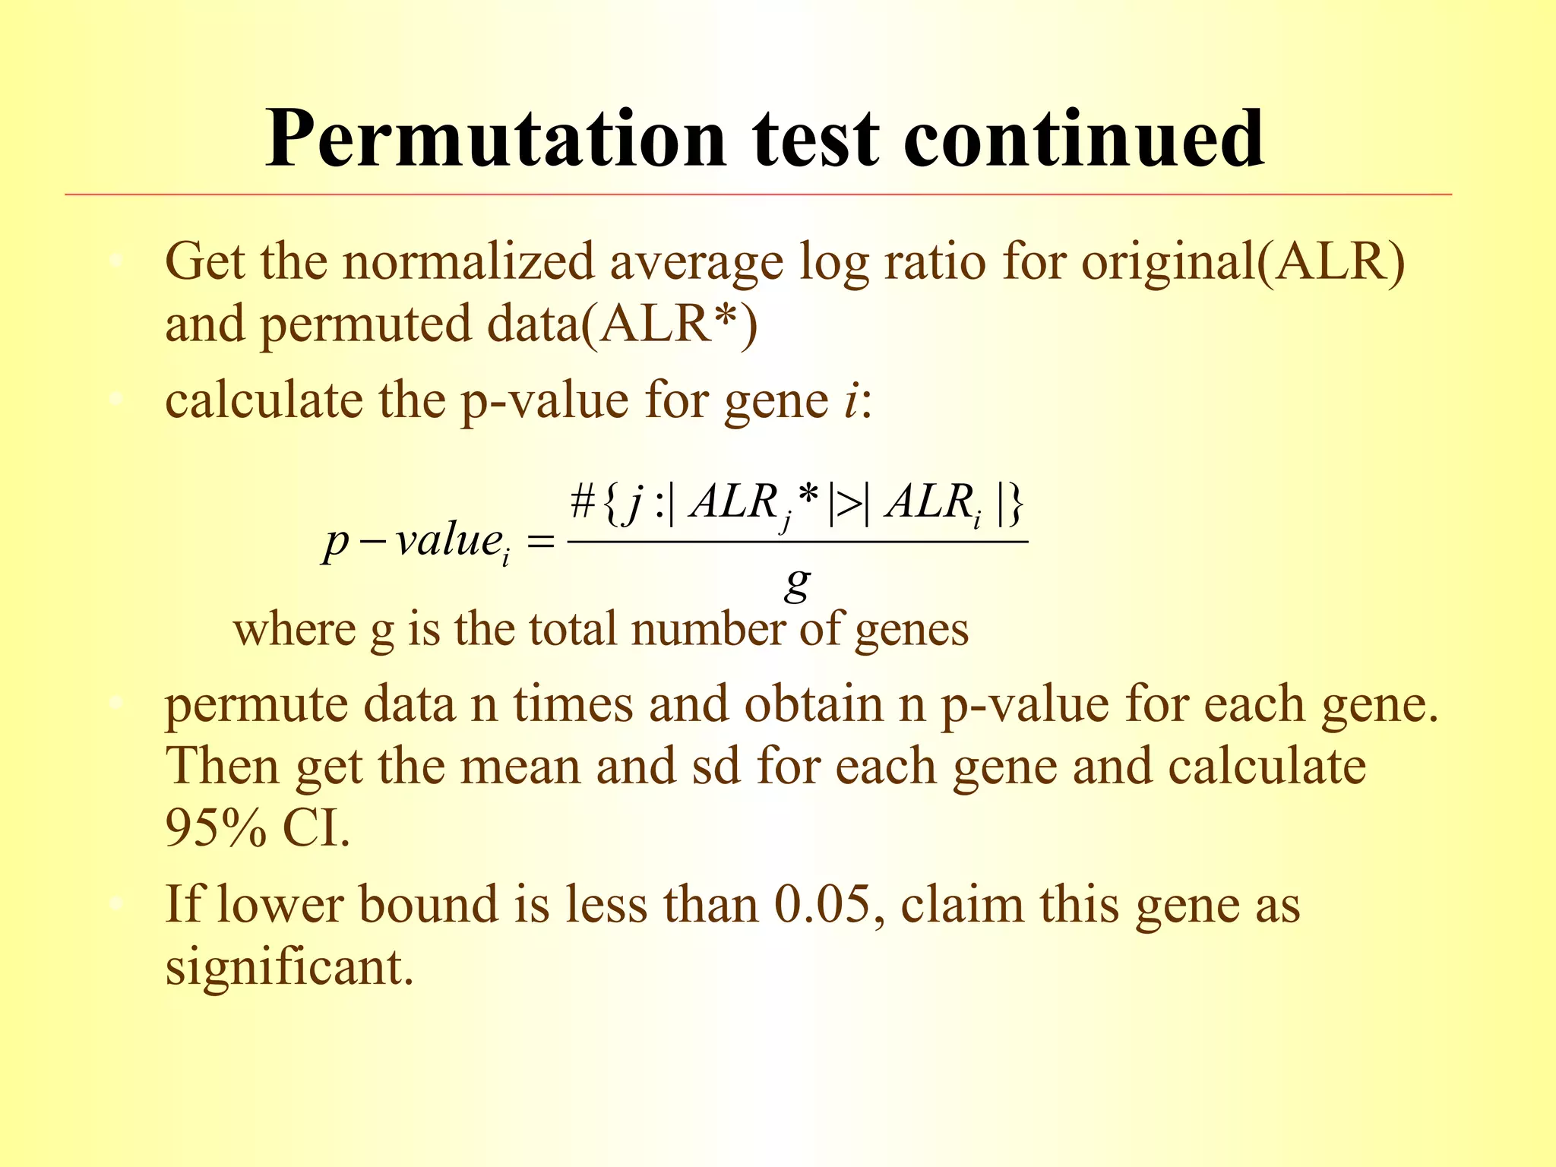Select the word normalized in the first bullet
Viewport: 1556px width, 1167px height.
467,263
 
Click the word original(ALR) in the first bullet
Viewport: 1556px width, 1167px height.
1243,263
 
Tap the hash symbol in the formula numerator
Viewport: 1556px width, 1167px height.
583,502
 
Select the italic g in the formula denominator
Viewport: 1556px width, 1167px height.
797,583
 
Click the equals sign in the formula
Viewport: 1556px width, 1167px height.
540,542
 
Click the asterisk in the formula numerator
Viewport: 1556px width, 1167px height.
809,498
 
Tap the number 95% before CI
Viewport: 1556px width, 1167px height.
216,827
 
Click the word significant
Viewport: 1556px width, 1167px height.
289,968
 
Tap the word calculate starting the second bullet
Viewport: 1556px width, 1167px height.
264,400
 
